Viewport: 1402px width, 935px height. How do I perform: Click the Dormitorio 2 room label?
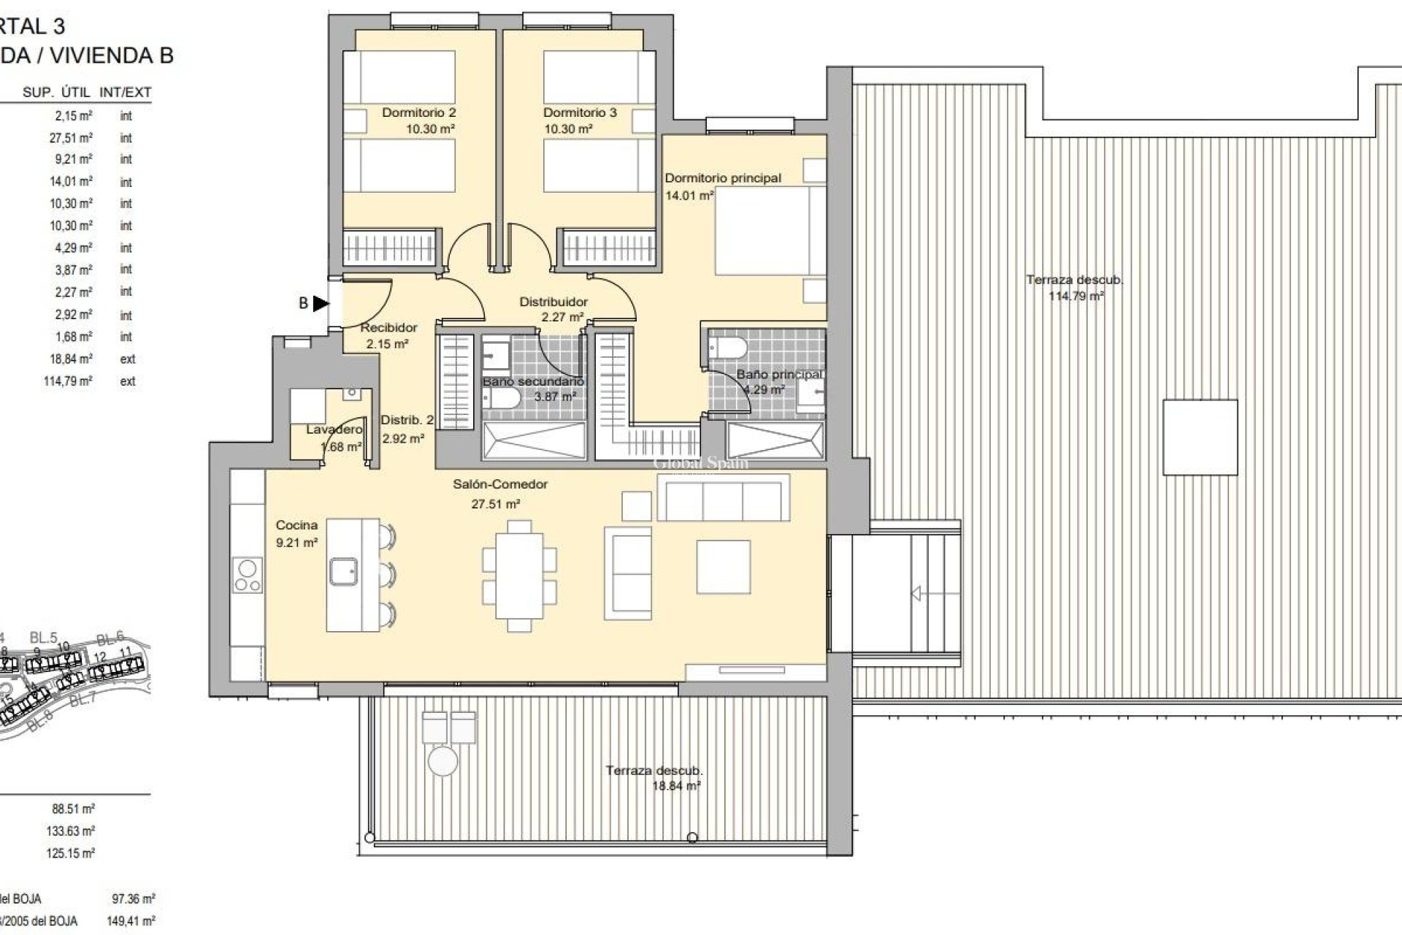tap(418, 112)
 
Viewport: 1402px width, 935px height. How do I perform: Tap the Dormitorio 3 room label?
tap(580, 112)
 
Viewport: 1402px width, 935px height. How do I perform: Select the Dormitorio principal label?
tap(722, 178)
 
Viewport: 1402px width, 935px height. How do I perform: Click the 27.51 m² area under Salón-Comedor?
tap(495, 504)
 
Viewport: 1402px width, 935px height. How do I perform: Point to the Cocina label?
tap(296, 525)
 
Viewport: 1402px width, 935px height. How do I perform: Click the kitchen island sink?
tap(342, 571)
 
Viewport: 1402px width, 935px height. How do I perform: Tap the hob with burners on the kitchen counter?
tap(248, 575)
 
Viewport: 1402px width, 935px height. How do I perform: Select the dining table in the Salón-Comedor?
tap(519, 576)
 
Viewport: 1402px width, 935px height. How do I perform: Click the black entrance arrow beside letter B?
tap(321, 303)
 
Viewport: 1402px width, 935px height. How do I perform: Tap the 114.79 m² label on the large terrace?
tap(1076, 297)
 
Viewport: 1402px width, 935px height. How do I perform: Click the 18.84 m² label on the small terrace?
tap(676, 787)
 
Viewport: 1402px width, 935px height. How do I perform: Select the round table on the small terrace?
tap(443, 760)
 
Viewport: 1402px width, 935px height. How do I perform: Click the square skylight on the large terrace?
tap(1200, 438)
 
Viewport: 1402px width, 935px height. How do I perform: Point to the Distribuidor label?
tap(553, 302)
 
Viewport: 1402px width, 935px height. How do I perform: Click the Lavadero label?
tap(334, 430)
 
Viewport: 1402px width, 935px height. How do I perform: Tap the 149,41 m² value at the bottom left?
tap(131, 921)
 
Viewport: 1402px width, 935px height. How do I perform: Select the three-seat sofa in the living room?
tap(723, 497)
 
